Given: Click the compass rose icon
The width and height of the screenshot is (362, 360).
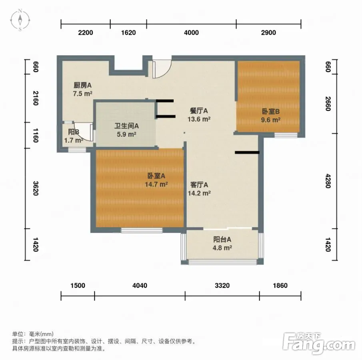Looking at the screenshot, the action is tap(20, 20).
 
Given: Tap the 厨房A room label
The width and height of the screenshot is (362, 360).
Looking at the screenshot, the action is tap(83, 86).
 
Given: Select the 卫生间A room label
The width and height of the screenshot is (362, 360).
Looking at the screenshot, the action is tap(126, 126).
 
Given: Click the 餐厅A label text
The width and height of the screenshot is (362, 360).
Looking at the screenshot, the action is tap(199, 111).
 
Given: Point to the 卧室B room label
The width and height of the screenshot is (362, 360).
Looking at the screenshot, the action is tap(270, 112).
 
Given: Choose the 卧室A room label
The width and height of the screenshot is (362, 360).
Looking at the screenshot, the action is tap(156, 176).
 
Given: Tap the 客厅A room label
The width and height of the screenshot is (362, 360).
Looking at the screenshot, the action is tap(199, 185).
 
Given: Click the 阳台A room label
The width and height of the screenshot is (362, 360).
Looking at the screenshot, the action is tap(222, 240).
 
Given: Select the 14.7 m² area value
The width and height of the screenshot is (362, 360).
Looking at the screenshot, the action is tap(156, 184).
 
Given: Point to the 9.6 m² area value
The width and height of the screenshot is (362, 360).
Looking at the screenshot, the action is tap(270, 120).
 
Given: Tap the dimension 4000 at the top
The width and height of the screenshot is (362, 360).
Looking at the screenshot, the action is tap(191, 32).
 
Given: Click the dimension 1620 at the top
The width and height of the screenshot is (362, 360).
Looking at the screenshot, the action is tap(128, 32).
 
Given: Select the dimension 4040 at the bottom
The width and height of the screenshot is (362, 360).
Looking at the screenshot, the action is tap(140, 286).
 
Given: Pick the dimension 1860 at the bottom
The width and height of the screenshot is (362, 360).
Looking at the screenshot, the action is tap(280, 286).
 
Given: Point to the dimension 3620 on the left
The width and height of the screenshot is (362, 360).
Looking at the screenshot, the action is tap(35, 188).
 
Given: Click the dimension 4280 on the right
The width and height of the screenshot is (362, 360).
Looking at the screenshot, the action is tap(328, 181).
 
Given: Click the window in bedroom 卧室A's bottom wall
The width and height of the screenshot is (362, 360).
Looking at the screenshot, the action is tap(142, 230).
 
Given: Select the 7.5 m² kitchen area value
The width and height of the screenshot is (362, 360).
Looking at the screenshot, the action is tap(83, 94).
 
